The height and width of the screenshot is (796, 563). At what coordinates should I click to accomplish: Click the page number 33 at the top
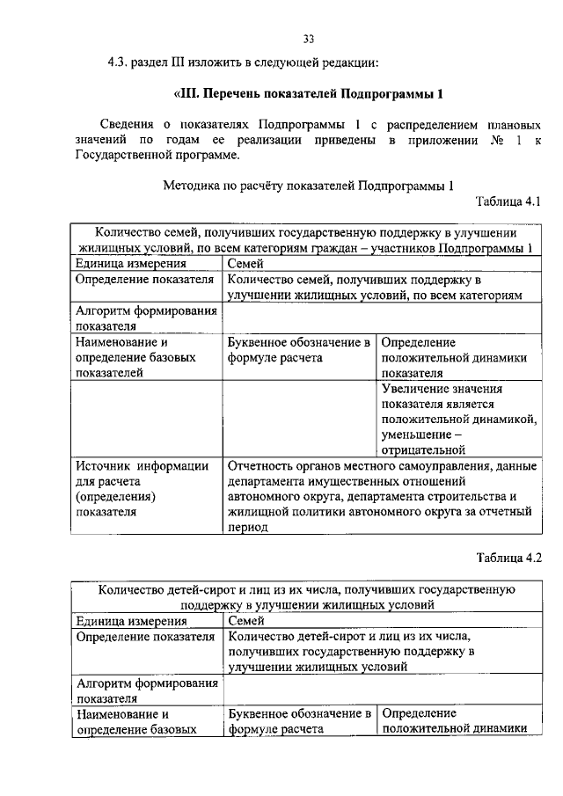[308, 39]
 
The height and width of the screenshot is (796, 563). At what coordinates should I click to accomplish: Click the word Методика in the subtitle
[190, 186]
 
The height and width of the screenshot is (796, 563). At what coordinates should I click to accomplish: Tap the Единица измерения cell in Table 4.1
[130, 264]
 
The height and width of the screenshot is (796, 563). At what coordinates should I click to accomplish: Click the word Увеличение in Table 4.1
[418, 388]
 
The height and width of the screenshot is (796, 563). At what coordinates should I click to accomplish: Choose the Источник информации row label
[142, 466]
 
